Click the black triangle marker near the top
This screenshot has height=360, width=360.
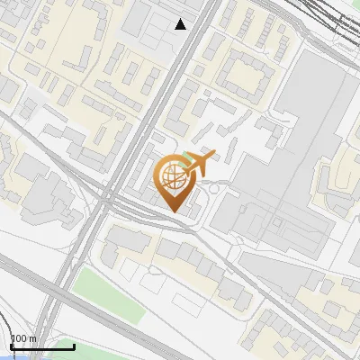(x=181, y=24)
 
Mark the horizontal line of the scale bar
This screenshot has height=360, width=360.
(x=41, y=346)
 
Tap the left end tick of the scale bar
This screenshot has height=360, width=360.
(x=10, y=344)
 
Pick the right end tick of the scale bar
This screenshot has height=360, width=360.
(x=74, y=344)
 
